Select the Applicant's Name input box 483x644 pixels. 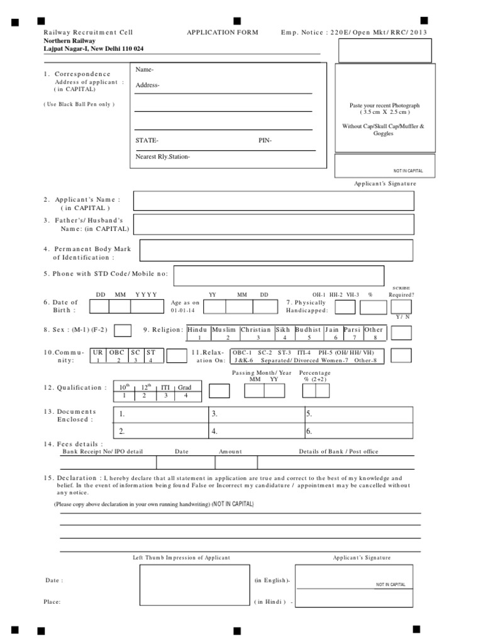(274, 201)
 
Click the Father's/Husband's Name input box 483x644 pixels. (274, 224)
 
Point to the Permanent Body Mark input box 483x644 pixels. (276, 250)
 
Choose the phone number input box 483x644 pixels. (279, 275)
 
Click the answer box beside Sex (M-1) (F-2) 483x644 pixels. (123, 330)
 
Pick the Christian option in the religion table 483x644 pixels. (256, 330)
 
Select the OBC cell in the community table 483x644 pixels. (118, 353)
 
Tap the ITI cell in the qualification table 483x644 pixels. (166, 387)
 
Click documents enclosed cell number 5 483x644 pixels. (358, 414)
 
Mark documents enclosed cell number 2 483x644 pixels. (160, 431)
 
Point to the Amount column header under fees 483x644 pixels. (230, 452)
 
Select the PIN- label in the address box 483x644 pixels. (265, 140)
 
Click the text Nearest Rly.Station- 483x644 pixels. (162, 157)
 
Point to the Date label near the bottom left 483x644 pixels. (53, 580)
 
